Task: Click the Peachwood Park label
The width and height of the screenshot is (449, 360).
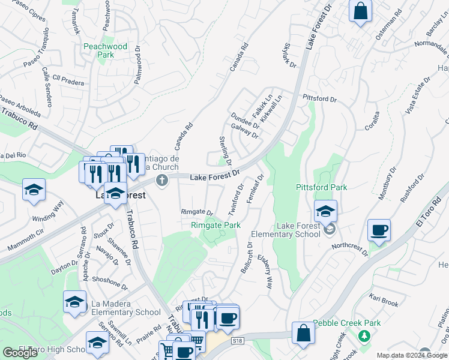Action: [x=105, y=50]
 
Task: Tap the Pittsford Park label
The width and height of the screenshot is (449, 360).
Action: [x=322, y=187]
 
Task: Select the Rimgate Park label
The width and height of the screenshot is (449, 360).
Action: [x=215, y=225]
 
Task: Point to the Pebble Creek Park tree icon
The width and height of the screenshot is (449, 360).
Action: [x=363, y=335]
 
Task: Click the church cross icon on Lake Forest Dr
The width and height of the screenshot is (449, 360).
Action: [x=161, y=180]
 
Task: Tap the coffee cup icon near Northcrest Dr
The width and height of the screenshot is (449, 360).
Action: [x=379, y=230]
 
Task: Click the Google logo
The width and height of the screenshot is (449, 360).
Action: [x=20, y=353]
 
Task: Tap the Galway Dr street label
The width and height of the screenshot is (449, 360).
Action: [x=244, y=131]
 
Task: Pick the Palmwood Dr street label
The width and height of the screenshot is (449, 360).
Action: [x=138, y=67]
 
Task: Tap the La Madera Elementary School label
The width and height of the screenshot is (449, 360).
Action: [x=125, y=308]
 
